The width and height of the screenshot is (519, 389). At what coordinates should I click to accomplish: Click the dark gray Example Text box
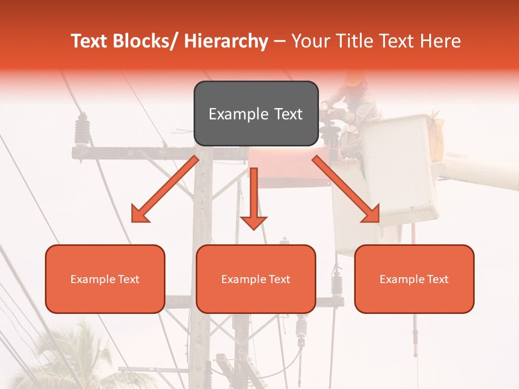256,113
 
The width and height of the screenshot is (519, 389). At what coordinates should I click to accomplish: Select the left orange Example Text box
105,279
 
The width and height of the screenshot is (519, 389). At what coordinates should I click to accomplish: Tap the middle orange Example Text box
256,279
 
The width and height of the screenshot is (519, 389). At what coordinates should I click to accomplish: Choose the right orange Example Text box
414,279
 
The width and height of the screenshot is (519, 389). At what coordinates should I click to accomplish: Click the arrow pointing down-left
164,189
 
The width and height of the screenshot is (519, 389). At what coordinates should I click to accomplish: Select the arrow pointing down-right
346,189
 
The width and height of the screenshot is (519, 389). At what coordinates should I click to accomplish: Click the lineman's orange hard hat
355,79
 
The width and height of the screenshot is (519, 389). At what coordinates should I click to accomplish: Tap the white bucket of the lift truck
400,167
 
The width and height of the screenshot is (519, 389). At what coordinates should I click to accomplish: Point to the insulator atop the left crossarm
82,130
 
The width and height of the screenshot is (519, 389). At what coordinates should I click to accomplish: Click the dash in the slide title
280,41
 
